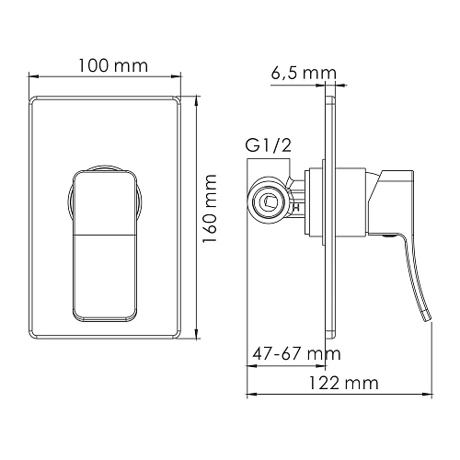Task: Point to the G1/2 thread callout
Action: (267, 145)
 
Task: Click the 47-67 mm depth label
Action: (293, 352)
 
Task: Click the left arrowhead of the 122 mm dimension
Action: (251, 397)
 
